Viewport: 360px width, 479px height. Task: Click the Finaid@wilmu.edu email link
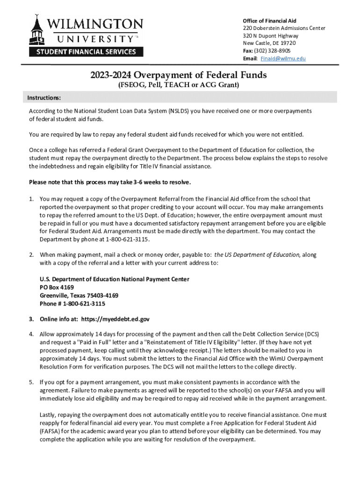pyautogui.click(x=283, y=58)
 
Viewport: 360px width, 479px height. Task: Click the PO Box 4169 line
pyautogui.click(x=57, y=287)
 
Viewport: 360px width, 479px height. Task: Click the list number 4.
pyautogui.click(x=31, y=334)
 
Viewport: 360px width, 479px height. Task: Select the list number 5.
pyautogui.click(x=31, y=382)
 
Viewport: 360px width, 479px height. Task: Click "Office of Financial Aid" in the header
pyautogui.click(x=269, y=21)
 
